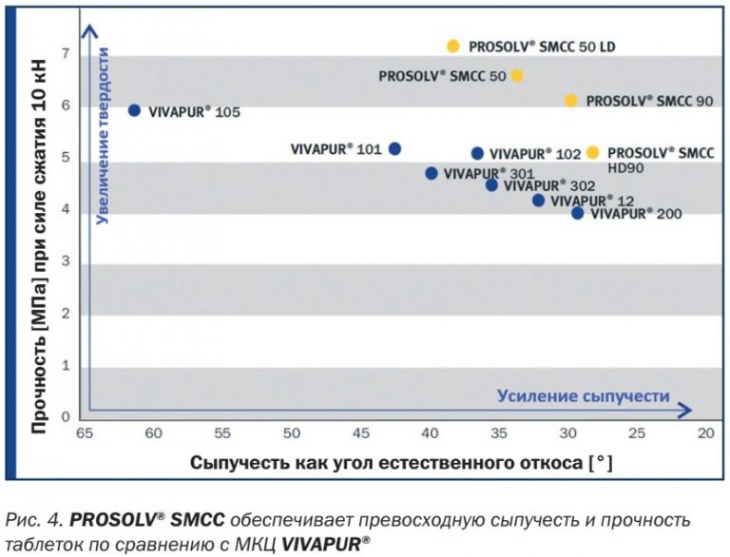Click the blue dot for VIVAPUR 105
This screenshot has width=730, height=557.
point(134,110)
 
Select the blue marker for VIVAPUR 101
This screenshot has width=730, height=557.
point(395,148)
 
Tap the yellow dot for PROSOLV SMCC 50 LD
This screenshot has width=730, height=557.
point(453,46)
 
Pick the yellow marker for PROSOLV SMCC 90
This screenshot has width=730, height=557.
point(570,100)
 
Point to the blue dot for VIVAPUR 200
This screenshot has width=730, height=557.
point(577,213)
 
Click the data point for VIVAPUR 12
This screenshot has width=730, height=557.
point(538,200)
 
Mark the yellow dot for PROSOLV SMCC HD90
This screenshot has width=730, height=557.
point(593,152)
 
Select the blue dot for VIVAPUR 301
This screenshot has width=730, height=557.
point(432,173)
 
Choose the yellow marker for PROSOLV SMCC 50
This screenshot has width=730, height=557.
point(517,75)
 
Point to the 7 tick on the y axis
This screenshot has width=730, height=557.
point(66,54)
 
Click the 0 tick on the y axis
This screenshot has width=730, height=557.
point(66,416)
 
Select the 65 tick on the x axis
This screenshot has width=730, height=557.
point(85,433)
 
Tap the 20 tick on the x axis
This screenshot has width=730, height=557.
point(705,433)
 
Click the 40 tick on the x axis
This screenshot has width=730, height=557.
point(430,433)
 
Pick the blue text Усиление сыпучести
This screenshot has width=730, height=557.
point(584,395)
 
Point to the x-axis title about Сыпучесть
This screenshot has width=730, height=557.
point(400,464)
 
